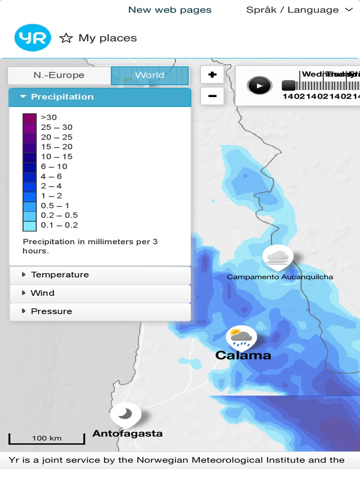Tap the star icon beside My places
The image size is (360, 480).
click(66, 38)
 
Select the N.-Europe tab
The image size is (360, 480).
click(59, 75)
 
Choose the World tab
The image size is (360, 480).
click(150, 75)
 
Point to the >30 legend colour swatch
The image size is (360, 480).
click(30, 118)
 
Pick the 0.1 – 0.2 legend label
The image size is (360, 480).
click(60, 225)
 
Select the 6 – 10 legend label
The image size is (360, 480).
click(54, 166)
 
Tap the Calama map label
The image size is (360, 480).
click(243, 355)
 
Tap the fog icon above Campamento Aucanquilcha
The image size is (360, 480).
click(278, 256)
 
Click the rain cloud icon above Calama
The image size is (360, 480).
click(241, 337)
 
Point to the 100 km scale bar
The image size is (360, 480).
click(47, 439)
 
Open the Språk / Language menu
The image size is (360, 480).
click(299, 10)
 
